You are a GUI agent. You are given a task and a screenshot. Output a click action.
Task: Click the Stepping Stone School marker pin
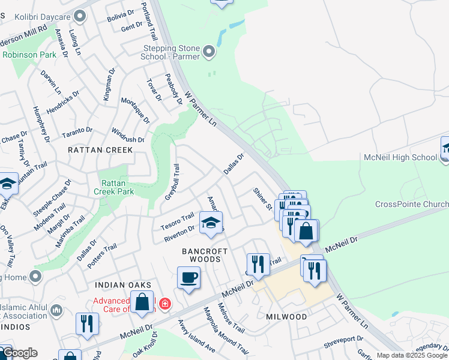[x=209, y=52]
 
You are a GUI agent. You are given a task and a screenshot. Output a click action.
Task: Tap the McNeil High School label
[x=400, y=157]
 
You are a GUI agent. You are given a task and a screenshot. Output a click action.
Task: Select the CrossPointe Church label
[x=411, y=204]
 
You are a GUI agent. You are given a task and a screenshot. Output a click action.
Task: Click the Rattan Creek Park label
[x=113, y=187]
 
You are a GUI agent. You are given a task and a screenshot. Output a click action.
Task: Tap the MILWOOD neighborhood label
[x=286, y=316]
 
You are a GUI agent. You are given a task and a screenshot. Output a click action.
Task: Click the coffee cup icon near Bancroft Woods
[x=188, y=278]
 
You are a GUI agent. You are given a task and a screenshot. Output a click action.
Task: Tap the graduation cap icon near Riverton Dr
[x=211, y=223]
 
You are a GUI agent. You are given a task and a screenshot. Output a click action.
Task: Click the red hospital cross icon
[x=164, y=305]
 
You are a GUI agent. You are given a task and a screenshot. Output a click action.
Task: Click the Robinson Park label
[x=25, y=55]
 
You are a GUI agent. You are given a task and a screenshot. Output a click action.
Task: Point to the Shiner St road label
[x=263, y=199]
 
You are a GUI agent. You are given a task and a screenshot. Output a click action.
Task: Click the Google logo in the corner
[x=19, y=353]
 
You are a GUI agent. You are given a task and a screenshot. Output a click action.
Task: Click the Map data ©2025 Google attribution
[x=411, y=355]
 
